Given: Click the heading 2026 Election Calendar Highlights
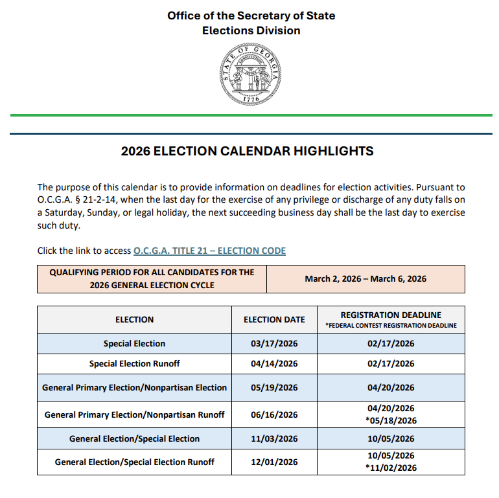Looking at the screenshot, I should click(248, 152).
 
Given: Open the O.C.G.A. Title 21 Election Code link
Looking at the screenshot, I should click(209, 251).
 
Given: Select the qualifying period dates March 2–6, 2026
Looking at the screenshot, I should click(366, 278).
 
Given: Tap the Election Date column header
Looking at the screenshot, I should click(274, 319).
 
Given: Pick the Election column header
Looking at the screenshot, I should click(134, 319).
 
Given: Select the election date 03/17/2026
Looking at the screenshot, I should click(274, 343).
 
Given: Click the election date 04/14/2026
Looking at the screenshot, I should click(274, 364).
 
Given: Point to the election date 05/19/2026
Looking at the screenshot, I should click(274, 387).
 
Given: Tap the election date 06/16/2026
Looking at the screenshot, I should click(274, 414).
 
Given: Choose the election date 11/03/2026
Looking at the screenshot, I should click(274, 438).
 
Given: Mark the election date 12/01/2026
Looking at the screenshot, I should click(274, 462).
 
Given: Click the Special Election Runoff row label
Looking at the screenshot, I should click(134, 364).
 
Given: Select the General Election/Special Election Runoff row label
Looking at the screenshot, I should click(134, 462).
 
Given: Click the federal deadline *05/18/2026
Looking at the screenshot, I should click(391, 420).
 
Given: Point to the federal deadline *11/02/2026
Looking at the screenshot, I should click(391, 468).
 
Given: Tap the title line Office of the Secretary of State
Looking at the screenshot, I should click(251, 16).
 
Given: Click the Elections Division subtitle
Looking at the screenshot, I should click(251, 30).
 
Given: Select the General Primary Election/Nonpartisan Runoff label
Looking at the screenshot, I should click(134, 414).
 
